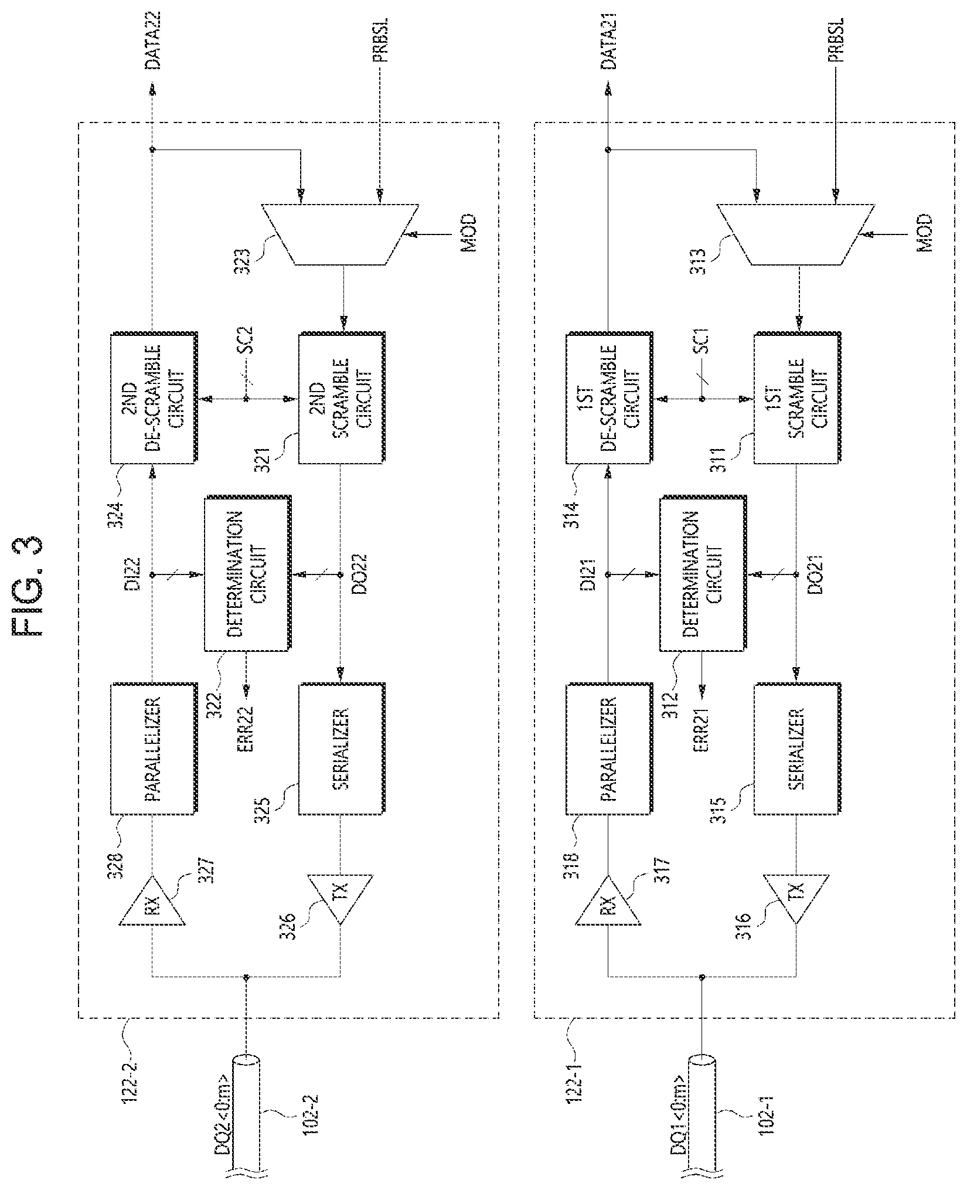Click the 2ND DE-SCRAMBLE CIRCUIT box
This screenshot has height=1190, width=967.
[x=153, y=399]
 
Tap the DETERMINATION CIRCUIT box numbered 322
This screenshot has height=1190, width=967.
[x=248, y=574]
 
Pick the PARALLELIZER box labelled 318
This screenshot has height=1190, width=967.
[x=609, y=749]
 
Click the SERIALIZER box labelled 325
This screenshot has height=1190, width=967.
[x=342, y=749]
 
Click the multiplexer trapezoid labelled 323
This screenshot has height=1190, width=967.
[x=341, y=234]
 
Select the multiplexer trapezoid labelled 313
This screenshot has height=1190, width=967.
[x=796, y=234]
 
